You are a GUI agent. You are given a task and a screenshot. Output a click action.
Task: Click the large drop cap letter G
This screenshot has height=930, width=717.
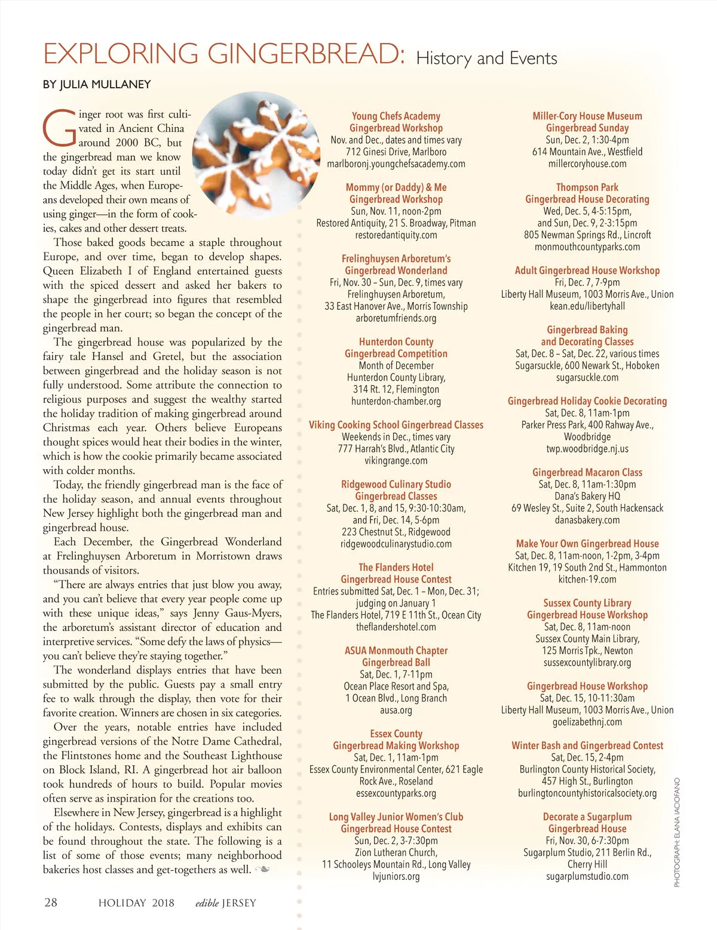59,129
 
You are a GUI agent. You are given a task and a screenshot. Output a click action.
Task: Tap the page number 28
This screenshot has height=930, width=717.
51,902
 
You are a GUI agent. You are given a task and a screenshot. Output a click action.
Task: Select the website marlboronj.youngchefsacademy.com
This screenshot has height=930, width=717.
396,164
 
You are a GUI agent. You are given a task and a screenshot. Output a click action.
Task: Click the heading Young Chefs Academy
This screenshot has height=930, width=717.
396,116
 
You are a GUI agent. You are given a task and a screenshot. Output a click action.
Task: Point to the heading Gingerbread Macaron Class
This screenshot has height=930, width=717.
587,472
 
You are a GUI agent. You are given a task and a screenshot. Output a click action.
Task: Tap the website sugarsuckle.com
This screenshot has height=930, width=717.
587,377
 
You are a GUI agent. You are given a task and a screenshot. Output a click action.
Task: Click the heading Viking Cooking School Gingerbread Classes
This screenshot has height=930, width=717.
396,425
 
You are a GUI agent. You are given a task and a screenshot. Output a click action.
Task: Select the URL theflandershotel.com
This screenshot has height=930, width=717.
396,627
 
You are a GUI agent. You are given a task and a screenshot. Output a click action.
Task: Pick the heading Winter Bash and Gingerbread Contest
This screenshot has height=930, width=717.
587,746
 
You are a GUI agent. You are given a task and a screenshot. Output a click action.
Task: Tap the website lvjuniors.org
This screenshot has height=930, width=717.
396,876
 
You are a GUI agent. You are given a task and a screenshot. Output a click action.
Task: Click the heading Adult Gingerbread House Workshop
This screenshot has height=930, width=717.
587,270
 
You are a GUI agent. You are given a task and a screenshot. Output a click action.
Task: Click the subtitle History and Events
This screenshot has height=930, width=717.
486,58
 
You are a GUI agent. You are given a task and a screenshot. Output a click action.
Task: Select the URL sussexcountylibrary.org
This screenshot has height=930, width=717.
587,663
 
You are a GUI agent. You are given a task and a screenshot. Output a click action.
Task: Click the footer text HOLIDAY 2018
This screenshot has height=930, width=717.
136,903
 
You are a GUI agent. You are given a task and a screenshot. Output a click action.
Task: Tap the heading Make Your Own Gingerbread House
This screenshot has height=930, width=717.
587,544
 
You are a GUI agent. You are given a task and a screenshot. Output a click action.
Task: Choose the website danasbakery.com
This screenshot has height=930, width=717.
587,520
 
